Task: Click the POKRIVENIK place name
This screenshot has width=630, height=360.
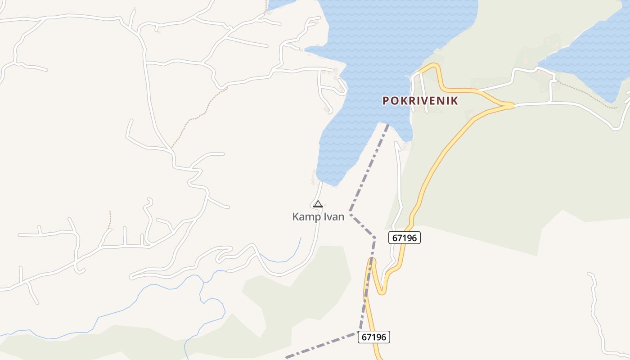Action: coord(420,101)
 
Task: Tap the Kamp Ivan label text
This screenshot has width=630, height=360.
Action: coord(318,217)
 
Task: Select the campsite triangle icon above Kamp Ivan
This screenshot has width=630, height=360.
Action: coord(318,204)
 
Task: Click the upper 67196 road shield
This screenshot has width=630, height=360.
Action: coord(404,238)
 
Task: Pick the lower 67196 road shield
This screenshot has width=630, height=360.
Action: coord(374,337)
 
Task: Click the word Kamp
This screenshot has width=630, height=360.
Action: coord(304,217)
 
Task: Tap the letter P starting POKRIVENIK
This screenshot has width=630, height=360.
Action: coord(386,101)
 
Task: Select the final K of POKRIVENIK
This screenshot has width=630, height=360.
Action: coord(455,101)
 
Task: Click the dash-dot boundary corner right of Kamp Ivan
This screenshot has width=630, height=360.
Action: coord(350,214)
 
